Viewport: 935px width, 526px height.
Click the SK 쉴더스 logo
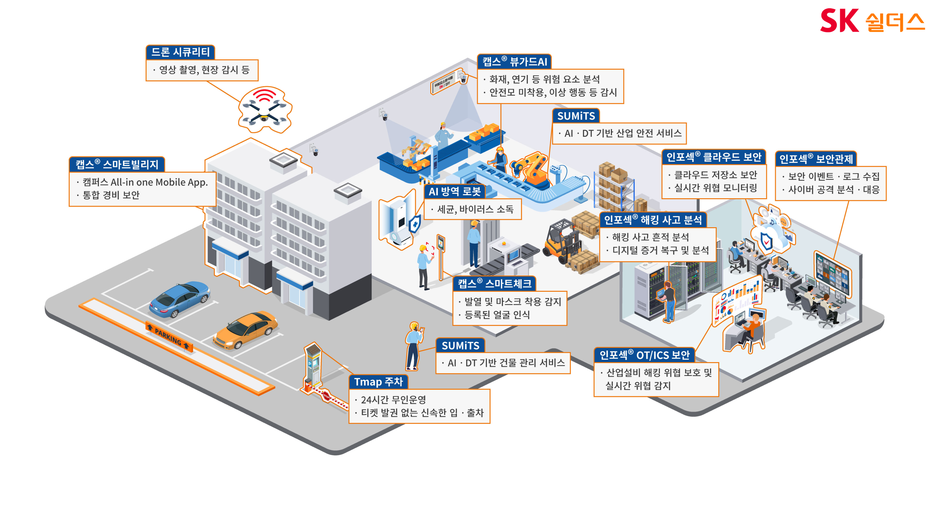872,21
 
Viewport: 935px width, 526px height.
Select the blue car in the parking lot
179,299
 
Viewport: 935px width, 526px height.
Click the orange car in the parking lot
245,330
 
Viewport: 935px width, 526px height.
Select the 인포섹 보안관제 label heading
816,159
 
